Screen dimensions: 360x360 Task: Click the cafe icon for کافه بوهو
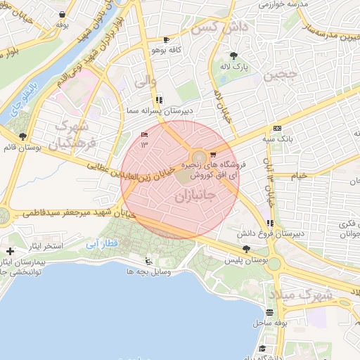[166, 40]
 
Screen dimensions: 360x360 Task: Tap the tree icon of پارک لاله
[233, 56]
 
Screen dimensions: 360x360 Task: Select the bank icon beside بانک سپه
[276, 128]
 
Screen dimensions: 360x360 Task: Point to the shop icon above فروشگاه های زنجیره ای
[213, 155]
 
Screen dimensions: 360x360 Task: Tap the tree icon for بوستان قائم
[23, 137]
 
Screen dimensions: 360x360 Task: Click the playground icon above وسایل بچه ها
[148, 259]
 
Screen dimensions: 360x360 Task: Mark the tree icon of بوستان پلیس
[245, 249]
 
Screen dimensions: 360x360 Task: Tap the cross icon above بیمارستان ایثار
[10, 251]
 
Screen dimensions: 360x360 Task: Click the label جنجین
[281, 75]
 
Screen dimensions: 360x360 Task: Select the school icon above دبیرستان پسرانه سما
[160, 100]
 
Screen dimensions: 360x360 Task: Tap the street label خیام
[300, 175]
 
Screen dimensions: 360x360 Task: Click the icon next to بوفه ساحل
[269, 312]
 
